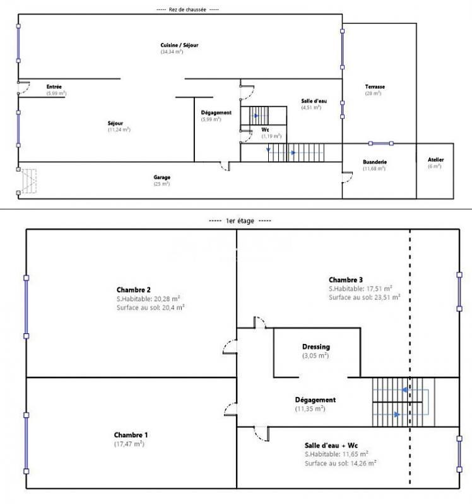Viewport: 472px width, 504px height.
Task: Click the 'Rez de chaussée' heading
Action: pos(187,9)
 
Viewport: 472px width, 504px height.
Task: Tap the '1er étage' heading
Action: pos(239,221)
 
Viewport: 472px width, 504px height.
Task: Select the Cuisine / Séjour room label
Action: pos(171,45)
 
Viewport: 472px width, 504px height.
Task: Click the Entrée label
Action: pos(54,87)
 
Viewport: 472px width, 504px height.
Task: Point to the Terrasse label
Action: pos(375,87)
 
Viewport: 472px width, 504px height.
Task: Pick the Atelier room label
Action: pos(435,160)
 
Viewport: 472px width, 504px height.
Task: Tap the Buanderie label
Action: pos(375,163)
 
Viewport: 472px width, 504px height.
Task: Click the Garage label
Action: pos(162,178)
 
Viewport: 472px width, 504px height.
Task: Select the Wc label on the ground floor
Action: pos(265,130)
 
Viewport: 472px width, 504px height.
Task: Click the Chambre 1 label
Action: pos(131,435)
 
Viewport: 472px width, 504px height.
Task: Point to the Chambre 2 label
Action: pos(134,289)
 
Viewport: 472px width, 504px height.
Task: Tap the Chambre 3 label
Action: pos(346,280)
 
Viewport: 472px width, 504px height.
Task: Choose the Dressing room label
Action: pos(316,346)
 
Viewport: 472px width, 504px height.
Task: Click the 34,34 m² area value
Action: pos(171,52)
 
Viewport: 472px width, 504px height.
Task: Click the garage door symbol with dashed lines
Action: pos(29,181)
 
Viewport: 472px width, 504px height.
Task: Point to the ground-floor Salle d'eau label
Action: pos(311,101)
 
